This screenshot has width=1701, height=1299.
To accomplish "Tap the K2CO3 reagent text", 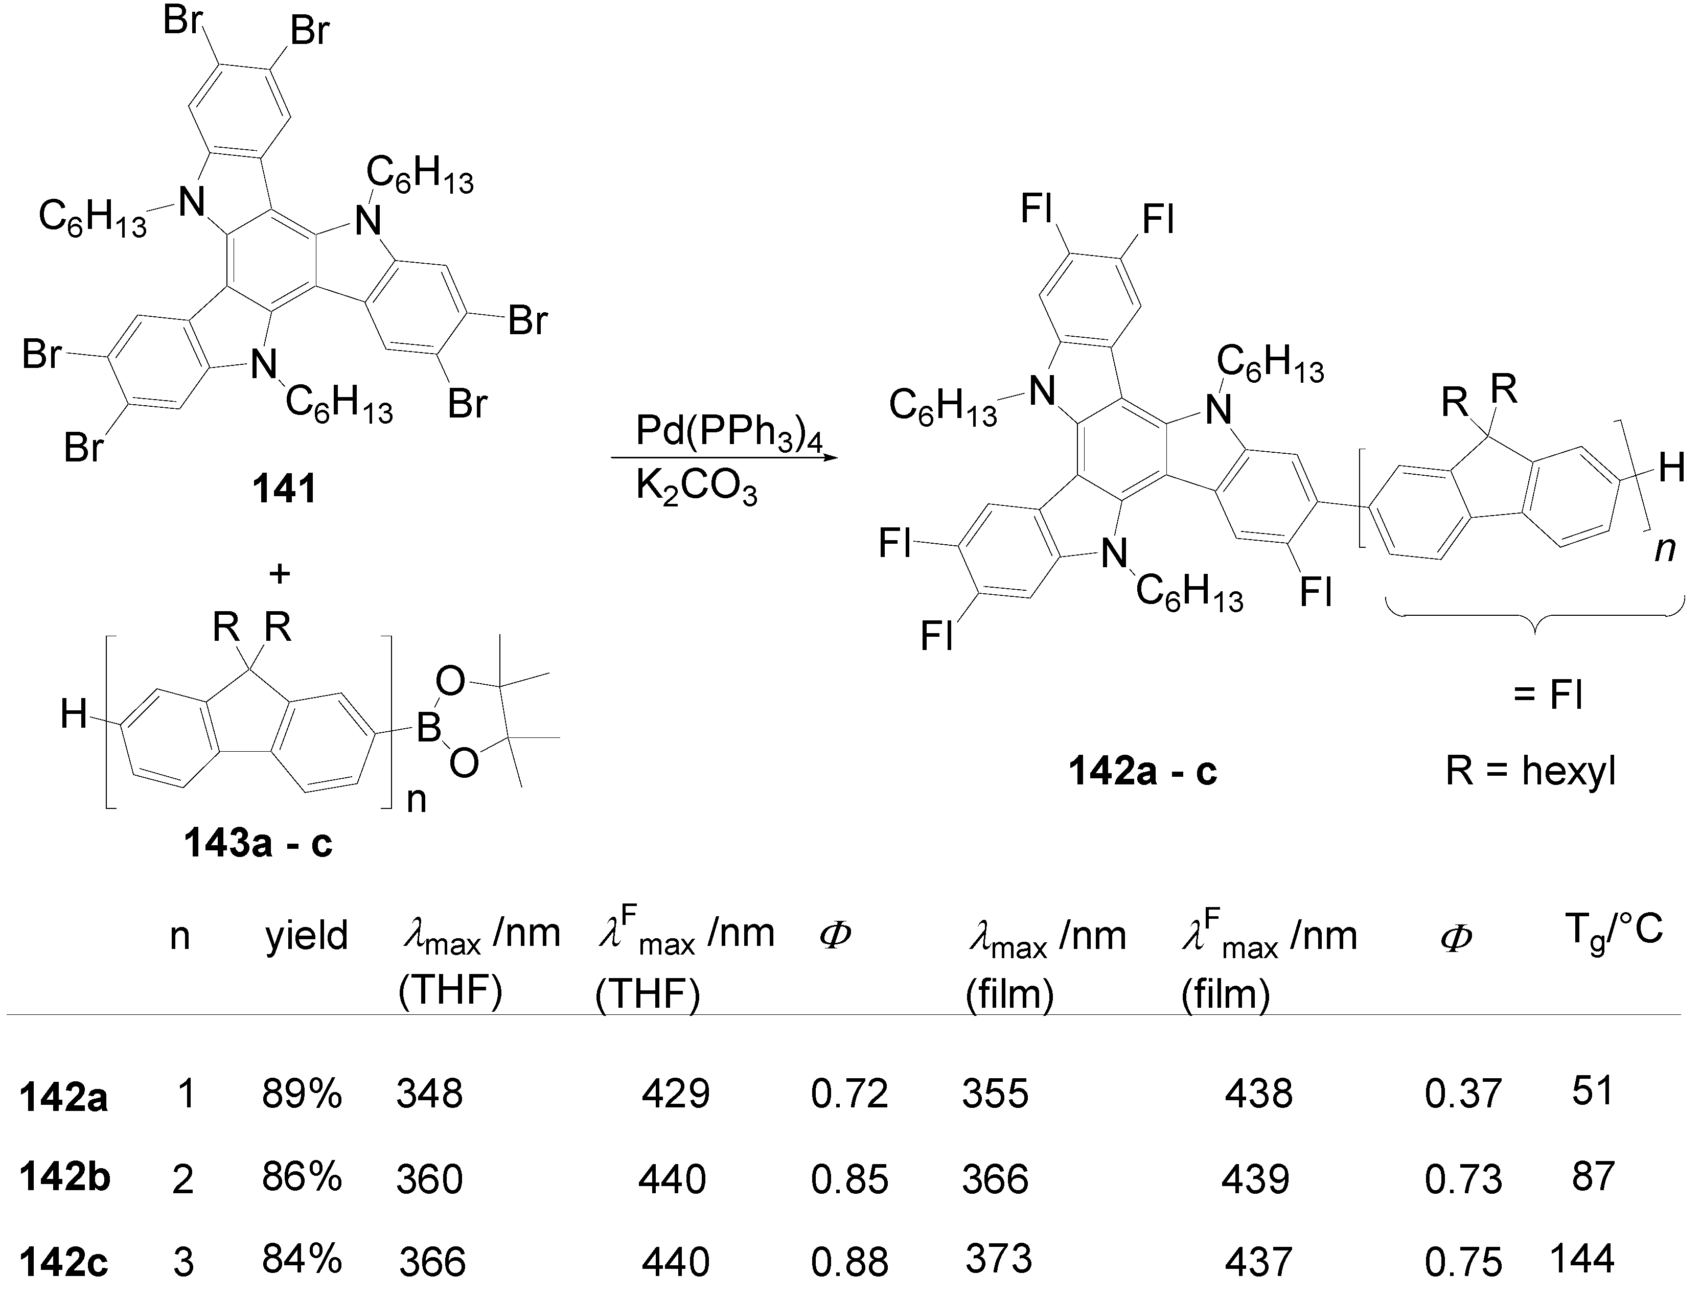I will click(x=696, y=489).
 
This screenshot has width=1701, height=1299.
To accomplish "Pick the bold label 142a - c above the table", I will click(x=1143, y=771).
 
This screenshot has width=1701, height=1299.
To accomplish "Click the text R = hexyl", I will click(x=1531, y=771).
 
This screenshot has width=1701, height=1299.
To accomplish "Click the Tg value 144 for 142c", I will click(x=1582, y=1259).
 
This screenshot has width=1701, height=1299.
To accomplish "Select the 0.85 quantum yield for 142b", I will click(x=849, y=1179).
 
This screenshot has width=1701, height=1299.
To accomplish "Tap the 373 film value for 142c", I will click(x=998, y=1259).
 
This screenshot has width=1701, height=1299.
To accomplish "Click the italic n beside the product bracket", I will click(x=1665, y=549).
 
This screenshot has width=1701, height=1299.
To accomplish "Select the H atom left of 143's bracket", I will click(x=74, y=714).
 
